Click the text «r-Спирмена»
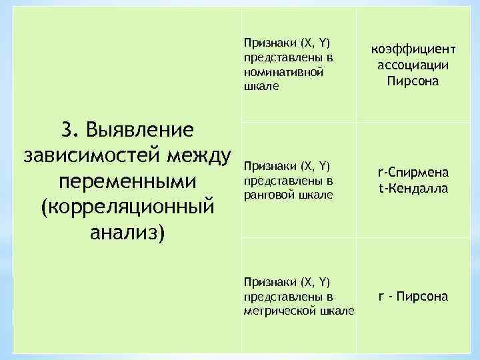click(413, 173)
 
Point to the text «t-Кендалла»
click(413, 189)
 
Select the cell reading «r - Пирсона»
click(413, 297)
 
